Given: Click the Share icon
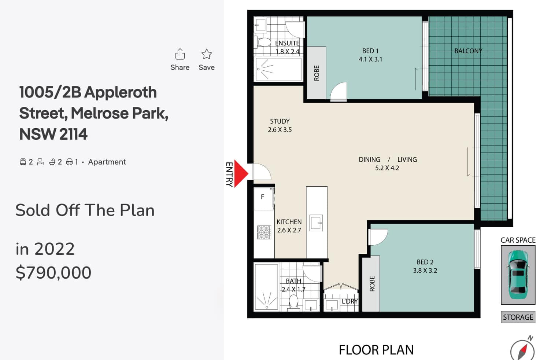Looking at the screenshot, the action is [x=180, y=54].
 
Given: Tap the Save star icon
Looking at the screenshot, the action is [x=207, y=54].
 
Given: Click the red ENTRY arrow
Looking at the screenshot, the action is [x=241, y=173].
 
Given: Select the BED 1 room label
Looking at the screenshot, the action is [x=370, y=51].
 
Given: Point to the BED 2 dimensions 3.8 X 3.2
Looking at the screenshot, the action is [x=425, y=271].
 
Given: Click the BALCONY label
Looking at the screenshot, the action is [x=468, y=51].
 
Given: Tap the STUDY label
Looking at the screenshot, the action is [x=280, y=121].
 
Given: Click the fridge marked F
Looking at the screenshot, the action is [x=264, y=199].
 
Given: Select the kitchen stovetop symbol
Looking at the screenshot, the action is [x=264, y=232].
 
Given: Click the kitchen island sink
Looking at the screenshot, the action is [x=316, y=223].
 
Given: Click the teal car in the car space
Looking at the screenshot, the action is [x=518, y=275].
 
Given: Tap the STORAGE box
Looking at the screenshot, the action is [x=518, y=317].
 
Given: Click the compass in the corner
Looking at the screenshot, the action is [x=522, y=349].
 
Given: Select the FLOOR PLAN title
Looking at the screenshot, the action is [x=376, y=350].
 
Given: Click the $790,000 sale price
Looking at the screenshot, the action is [x=53, y=273].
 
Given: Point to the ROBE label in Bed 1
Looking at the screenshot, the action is [x=317, y=73].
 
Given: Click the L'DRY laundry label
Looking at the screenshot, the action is [x=349, y=301].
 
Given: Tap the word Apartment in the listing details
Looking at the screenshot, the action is [x=107, y=162].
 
